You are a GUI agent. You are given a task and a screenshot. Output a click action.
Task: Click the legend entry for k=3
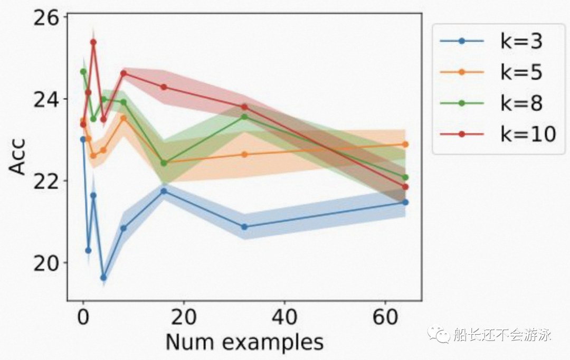coord(491,41)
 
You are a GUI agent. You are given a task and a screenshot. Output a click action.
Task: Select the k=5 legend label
coord(491,72)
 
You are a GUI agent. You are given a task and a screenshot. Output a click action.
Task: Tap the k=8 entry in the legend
coord(491,103)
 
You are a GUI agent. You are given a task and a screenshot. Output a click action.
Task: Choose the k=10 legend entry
coord(498,134)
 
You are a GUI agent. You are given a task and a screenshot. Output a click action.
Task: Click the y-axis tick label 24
coord(46,99)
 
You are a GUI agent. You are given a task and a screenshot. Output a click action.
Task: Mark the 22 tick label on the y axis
coord(46,181)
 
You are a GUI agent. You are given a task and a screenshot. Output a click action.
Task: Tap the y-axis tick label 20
coord(46,262)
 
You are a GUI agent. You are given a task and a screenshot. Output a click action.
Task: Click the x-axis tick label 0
coord(83,317)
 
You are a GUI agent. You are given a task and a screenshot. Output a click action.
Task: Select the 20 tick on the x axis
coord(184,317)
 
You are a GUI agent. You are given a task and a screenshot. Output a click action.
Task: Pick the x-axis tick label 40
coord(284,317)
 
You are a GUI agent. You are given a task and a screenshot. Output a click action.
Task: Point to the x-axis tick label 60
coord(385,317)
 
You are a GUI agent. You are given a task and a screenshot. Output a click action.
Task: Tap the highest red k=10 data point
coord(93,42)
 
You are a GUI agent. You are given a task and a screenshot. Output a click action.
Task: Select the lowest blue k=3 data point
coord(103,278)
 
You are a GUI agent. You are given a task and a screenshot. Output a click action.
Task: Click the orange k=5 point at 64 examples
coord(406,144)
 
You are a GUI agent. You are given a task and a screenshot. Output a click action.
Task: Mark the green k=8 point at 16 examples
coord(164,163)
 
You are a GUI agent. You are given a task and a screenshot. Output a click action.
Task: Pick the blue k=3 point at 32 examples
coord(244,227)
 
